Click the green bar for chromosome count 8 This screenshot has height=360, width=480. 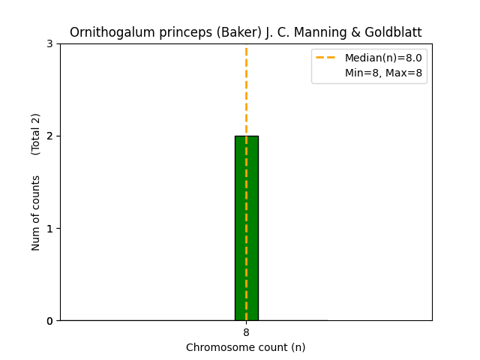(246, 228)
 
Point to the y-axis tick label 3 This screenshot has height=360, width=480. (49, 43)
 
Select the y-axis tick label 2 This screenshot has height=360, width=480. (49, 136)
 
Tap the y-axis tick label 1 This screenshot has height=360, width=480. (49, 228)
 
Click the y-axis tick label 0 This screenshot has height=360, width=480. (49, 321)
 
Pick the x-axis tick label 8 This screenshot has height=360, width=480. (246, 332)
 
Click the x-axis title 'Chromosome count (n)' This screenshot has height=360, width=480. (246, 347)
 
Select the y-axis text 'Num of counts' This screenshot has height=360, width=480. (36, 213)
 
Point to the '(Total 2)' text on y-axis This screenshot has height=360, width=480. (36, 134)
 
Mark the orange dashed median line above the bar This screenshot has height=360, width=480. (246, 90)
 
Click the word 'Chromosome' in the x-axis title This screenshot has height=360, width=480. (216, 347)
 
